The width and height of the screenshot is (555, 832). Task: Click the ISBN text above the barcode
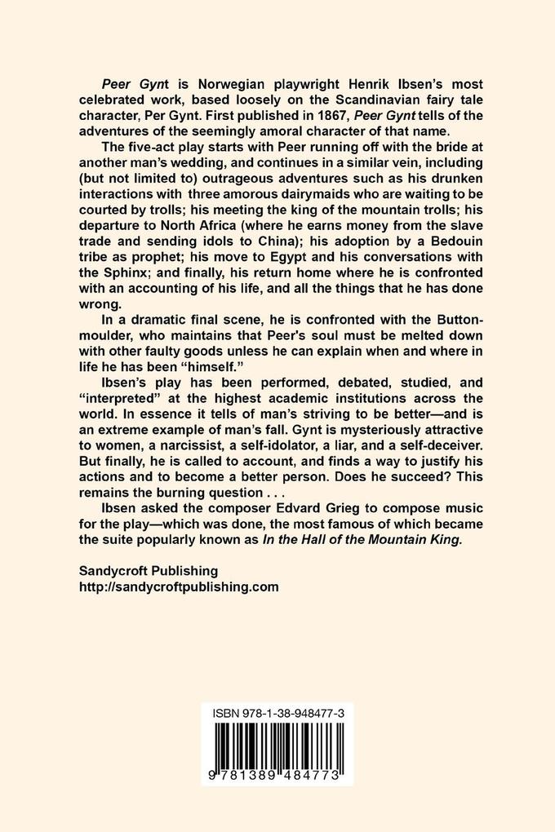(277, 712)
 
